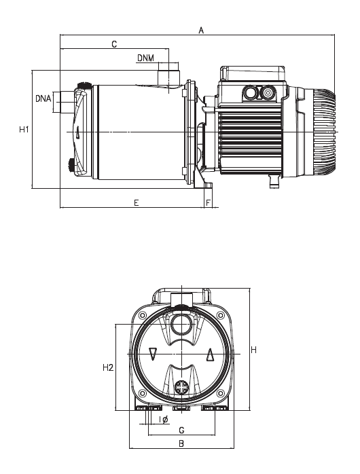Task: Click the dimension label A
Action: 201,29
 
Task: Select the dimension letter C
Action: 114,44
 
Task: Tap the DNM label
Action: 145,58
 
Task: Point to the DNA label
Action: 43,99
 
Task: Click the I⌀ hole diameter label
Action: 164,420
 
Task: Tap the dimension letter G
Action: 181,431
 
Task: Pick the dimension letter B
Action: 181,443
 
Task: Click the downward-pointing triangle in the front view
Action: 153,354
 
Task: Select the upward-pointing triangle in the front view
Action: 210,354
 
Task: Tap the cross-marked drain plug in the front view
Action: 182,388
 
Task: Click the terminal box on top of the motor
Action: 252,73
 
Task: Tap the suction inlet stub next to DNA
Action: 65,102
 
